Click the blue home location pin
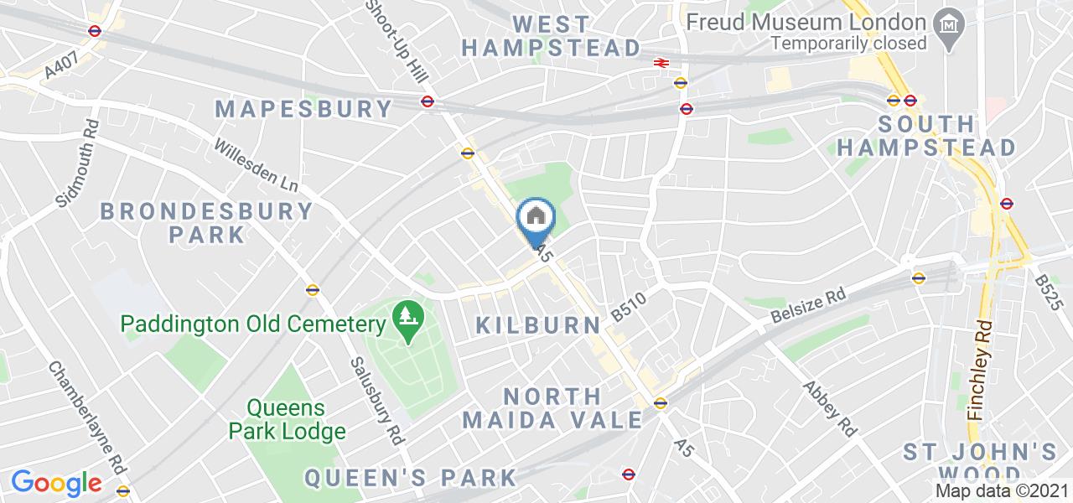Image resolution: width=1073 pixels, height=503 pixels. click(x=536, y=220)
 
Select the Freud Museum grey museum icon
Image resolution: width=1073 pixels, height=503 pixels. click(x=948, y=23)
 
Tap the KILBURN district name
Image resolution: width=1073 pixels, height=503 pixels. click(x=537, y=325)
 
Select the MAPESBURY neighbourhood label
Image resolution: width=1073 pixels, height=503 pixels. click(x=304, y=109)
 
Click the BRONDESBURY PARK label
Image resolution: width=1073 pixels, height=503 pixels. click(x=207, y=222)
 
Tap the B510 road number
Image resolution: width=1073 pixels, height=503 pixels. click(x=630, y=306)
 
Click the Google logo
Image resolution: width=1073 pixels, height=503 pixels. click(x=56, y=483)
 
